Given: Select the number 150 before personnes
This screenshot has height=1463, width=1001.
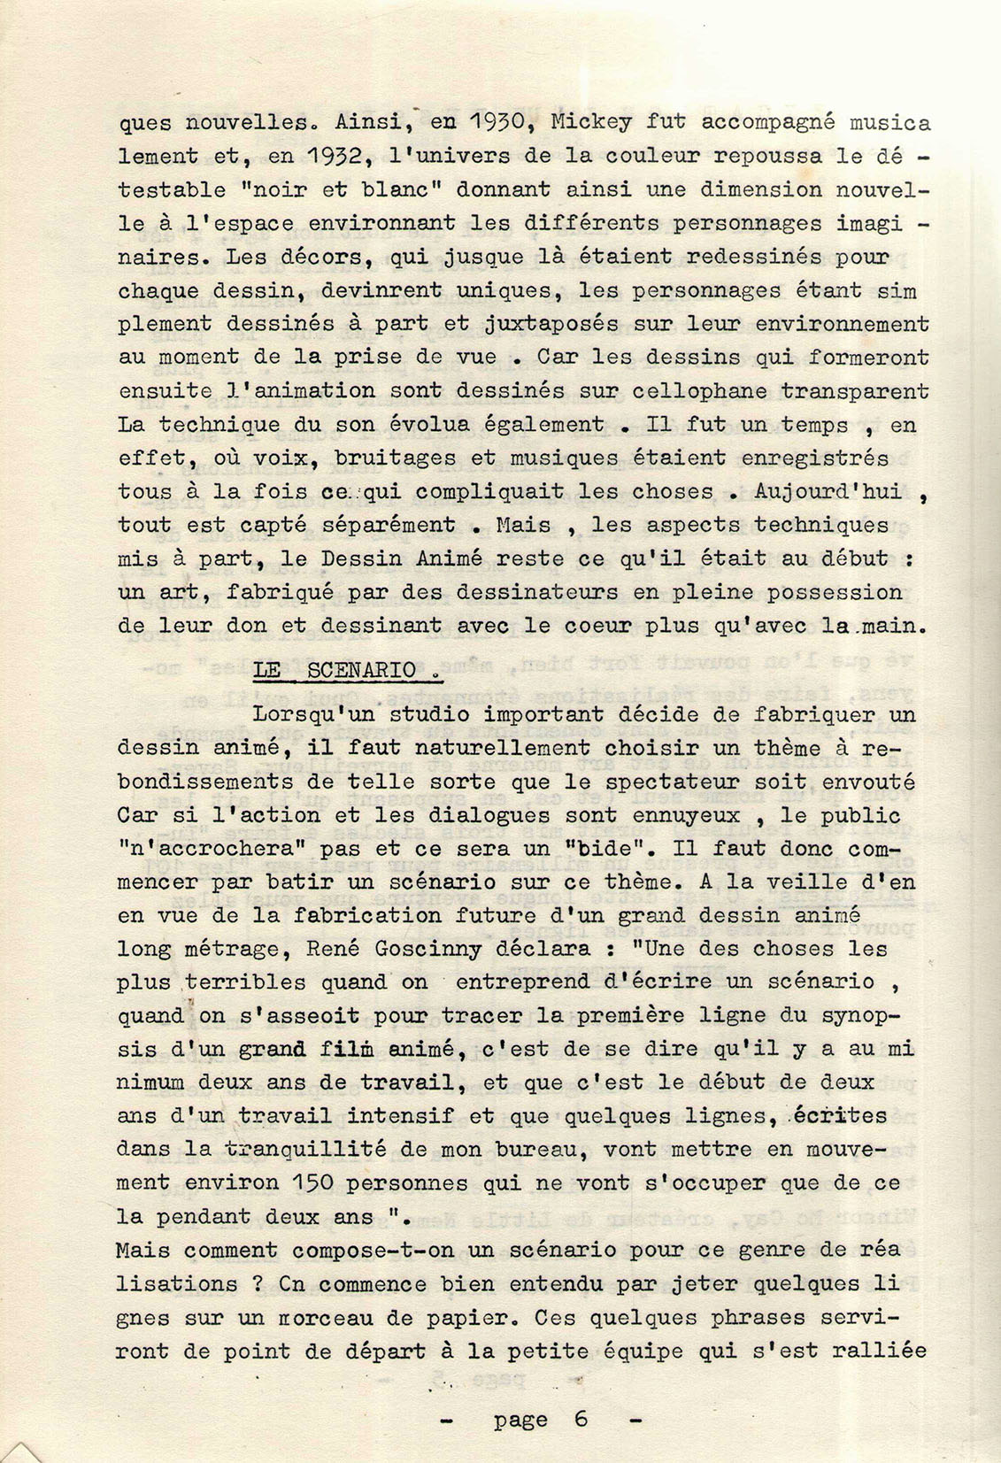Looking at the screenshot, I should [x=312, y=1183].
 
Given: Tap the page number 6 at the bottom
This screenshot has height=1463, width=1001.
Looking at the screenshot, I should [x=581, y=1420].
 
